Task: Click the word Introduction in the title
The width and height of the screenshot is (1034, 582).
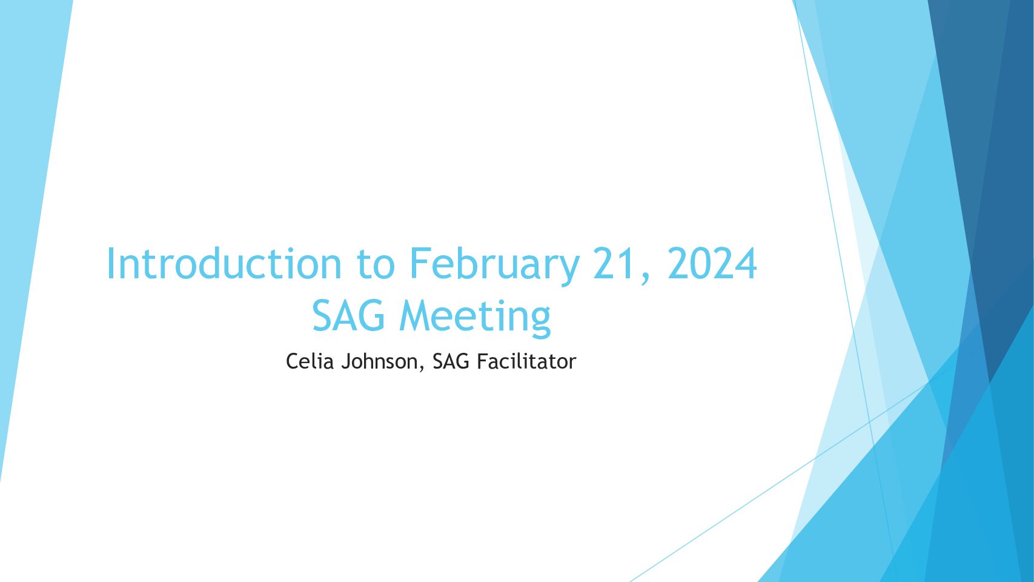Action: point(224,263)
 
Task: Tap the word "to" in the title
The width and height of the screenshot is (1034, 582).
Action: point(376,265)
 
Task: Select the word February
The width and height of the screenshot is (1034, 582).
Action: point(494,266)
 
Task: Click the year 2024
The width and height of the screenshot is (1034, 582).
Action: point(712,263)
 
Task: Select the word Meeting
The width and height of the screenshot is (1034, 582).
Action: point(475,318)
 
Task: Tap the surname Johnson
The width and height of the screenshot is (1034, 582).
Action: point(379,361)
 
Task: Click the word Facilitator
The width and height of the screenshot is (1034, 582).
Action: point(526,361)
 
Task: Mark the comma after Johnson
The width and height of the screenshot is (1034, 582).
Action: point(421,368)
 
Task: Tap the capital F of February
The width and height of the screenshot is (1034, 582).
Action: point(420,263)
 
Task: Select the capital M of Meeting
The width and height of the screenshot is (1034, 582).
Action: point(416,315)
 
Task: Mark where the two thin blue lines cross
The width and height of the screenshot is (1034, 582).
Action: point(870,422)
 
